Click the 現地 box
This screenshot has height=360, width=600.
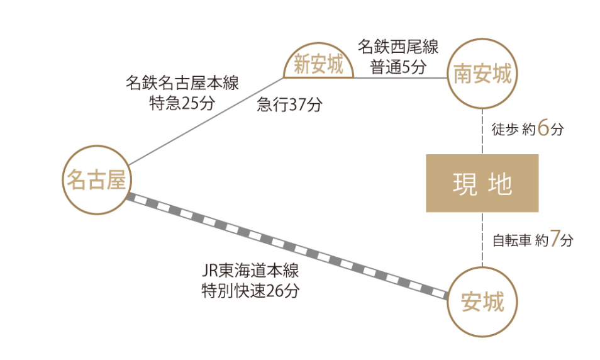482,183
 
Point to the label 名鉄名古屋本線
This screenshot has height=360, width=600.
182,82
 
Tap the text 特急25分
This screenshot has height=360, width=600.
182,103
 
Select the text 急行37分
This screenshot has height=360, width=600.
290,104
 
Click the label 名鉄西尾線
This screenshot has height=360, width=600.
398,47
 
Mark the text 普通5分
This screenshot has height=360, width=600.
398,67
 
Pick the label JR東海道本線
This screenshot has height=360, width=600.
250,271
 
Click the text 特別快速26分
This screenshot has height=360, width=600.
250,291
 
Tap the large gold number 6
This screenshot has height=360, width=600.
543,128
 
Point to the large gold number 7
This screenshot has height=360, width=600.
555,238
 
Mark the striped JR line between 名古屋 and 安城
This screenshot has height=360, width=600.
287,246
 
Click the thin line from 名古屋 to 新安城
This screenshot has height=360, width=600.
206,121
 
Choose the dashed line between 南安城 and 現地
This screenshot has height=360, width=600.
482,132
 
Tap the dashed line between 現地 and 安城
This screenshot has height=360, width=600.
482,239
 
